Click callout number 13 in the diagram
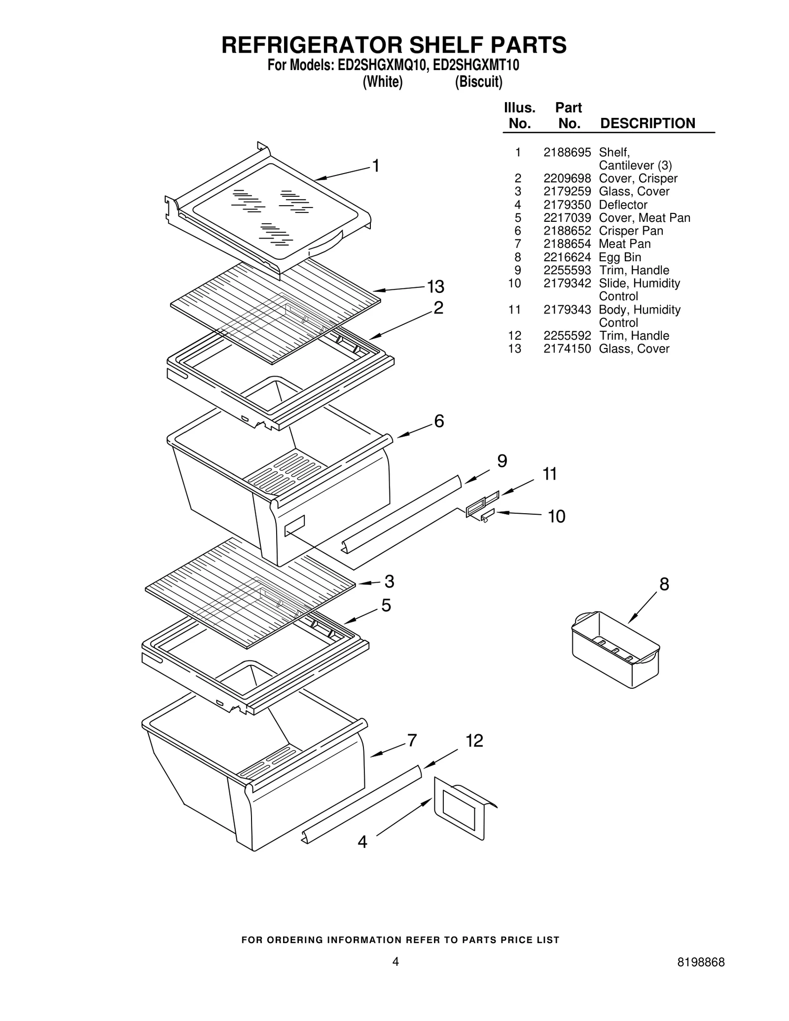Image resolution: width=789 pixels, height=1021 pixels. click(x=435, y=286)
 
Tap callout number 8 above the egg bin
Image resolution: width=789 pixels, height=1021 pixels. click(x=664, y=584)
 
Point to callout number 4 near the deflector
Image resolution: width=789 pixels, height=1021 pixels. click(x=362, y=842)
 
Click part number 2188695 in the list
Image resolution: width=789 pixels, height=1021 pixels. click(x=567, y=152)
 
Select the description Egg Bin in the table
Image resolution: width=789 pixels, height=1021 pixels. click(x=619, y=257)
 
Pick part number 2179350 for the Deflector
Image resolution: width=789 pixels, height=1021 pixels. click(x=567, y=205)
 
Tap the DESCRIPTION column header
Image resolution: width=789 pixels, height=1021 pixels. click(x=647, y=123)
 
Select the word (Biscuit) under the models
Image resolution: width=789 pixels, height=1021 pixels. click(x=478, y=82)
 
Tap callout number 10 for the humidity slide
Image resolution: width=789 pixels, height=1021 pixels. click(x=556, y=516)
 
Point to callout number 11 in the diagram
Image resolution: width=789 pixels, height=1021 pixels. click(x=549, y=474)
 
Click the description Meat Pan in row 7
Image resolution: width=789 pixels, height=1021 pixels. click(x=624, y=244)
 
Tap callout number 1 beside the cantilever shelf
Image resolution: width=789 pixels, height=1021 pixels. click(x=376, y=166)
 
